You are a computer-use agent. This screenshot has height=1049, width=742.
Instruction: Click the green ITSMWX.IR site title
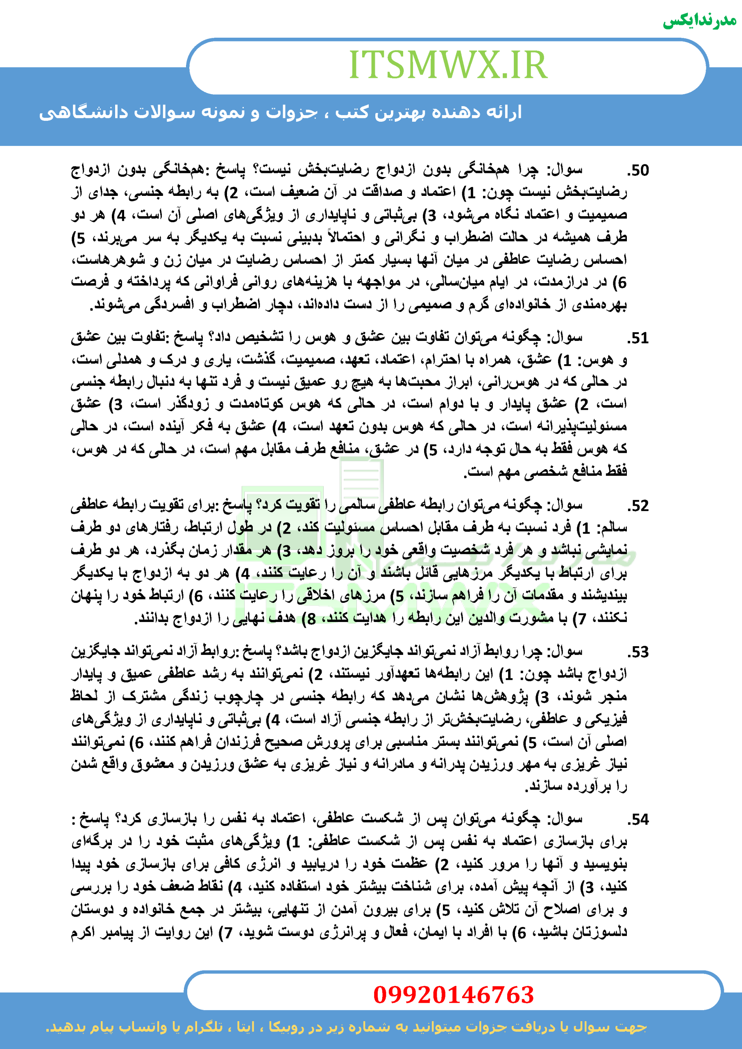[x=448, y=65]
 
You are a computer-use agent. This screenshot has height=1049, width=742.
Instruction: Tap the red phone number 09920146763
[x=453, y=995]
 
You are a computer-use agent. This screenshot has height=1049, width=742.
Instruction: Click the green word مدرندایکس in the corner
[x=699, y=20]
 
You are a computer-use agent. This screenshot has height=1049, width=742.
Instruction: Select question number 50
[x=638, y=171]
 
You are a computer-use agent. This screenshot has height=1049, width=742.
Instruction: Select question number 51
[x=638, y=338]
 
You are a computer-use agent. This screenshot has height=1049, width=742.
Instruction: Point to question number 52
[x=638, y=506]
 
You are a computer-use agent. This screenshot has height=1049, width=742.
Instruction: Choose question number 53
[x=638, y=652]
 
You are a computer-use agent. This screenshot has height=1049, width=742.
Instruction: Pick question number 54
[x=638, y=820]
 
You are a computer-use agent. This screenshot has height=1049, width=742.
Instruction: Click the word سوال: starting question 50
[x=567, y=171]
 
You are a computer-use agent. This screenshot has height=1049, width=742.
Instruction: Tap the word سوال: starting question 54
[x=567, y=820]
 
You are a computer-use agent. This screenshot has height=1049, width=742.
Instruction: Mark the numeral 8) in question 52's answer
[x=309, y=619]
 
